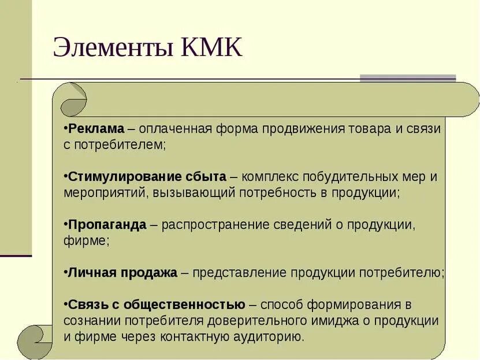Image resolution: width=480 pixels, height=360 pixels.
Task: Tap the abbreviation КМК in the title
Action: [x=212, y=48]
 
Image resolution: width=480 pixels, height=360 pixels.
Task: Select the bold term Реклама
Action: [x=95, y=128]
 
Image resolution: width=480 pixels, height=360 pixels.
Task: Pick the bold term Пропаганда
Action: [x=107, y=225]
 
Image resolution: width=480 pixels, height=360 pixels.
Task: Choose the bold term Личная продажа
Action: [x=122, y=273]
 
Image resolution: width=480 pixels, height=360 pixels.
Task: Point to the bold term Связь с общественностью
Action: [x=157, y=305]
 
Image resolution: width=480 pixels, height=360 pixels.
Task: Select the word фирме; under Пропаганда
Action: [x=86, y=240]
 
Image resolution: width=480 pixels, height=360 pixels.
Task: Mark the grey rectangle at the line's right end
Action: [x=408, y=78]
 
